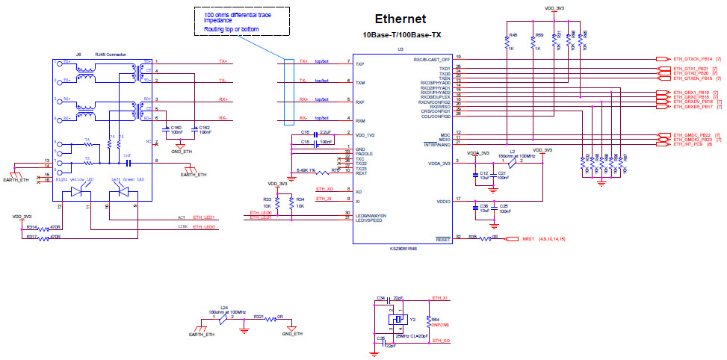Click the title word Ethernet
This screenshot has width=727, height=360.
[x=400, y=19]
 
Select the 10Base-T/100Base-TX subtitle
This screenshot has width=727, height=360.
[x=400, y=34]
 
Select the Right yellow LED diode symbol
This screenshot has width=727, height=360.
[x=76, y=192]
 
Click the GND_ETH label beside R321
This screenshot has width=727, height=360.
[x=292, y=334]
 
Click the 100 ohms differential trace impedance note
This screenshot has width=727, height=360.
[x=238, y=22]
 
